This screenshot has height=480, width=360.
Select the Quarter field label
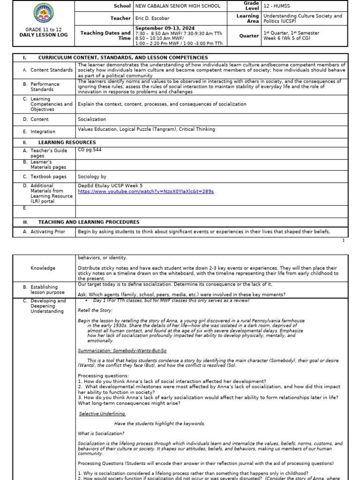click(249, 36)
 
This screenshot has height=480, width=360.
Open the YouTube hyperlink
click(146, 191)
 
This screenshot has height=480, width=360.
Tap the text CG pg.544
click(90, 150)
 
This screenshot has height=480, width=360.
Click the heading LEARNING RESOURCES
click(67, 142)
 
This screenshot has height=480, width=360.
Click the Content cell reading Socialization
click(92, 120)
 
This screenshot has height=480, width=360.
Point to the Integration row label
click(43, 132)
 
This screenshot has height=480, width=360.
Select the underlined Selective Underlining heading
click(102, 413)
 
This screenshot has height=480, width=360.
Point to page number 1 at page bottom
click(343, 240)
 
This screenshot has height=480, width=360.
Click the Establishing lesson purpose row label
click(44, 289)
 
